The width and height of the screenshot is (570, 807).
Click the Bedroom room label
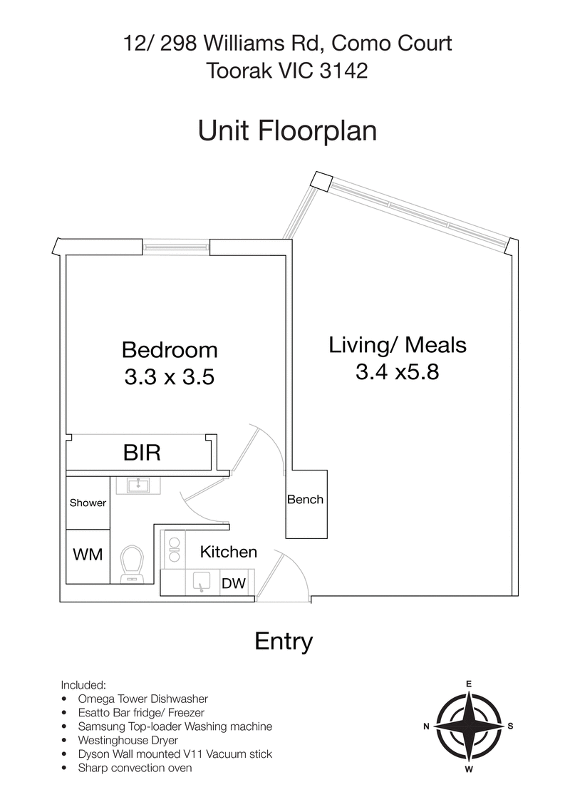point(170,350)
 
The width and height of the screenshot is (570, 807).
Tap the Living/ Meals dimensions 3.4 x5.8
point(397,371)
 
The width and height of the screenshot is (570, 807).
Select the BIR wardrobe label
point(142,453)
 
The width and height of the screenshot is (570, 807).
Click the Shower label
point(88,503)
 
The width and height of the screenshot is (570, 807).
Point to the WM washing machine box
point(88,554)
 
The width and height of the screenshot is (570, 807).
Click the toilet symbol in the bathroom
point(132,564)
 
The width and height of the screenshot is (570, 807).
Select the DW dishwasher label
point(234,584)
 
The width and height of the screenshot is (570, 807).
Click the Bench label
point(305,500)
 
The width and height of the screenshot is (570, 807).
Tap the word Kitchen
point(228,552)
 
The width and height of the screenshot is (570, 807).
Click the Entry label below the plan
point(284,642)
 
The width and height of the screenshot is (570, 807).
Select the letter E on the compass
point(468,684)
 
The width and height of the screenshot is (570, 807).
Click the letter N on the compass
point(425,726)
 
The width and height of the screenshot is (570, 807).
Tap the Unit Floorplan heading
point(286,131)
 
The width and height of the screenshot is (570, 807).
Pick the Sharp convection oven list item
point(135,768)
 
